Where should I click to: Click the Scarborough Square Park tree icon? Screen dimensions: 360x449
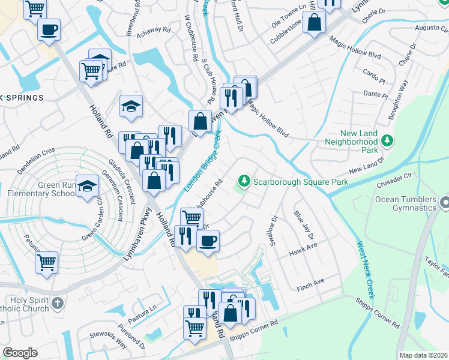(x=244, y=181)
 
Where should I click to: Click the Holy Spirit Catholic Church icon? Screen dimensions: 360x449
(x=57, y=304)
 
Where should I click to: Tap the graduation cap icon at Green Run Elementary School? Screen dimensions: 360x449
(x=88, y=186)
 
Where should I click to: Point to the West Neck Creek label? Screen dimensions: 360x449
(x=366, y=270)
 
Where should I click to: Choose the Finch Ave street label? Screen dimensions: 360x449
(x=310, y=281)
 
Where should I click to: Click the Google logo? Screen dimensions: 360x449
(x=20, y=353)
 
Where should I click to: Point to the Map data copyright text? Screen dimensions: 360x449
(x=423, y=355)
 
